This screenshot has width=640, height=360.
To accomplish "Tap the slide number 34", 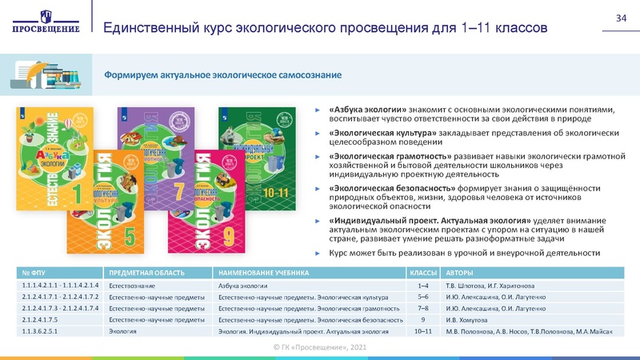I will coord(620,18).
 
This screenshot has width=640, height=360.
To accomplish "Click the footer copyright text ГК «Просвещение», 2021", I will coord(320,348).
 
